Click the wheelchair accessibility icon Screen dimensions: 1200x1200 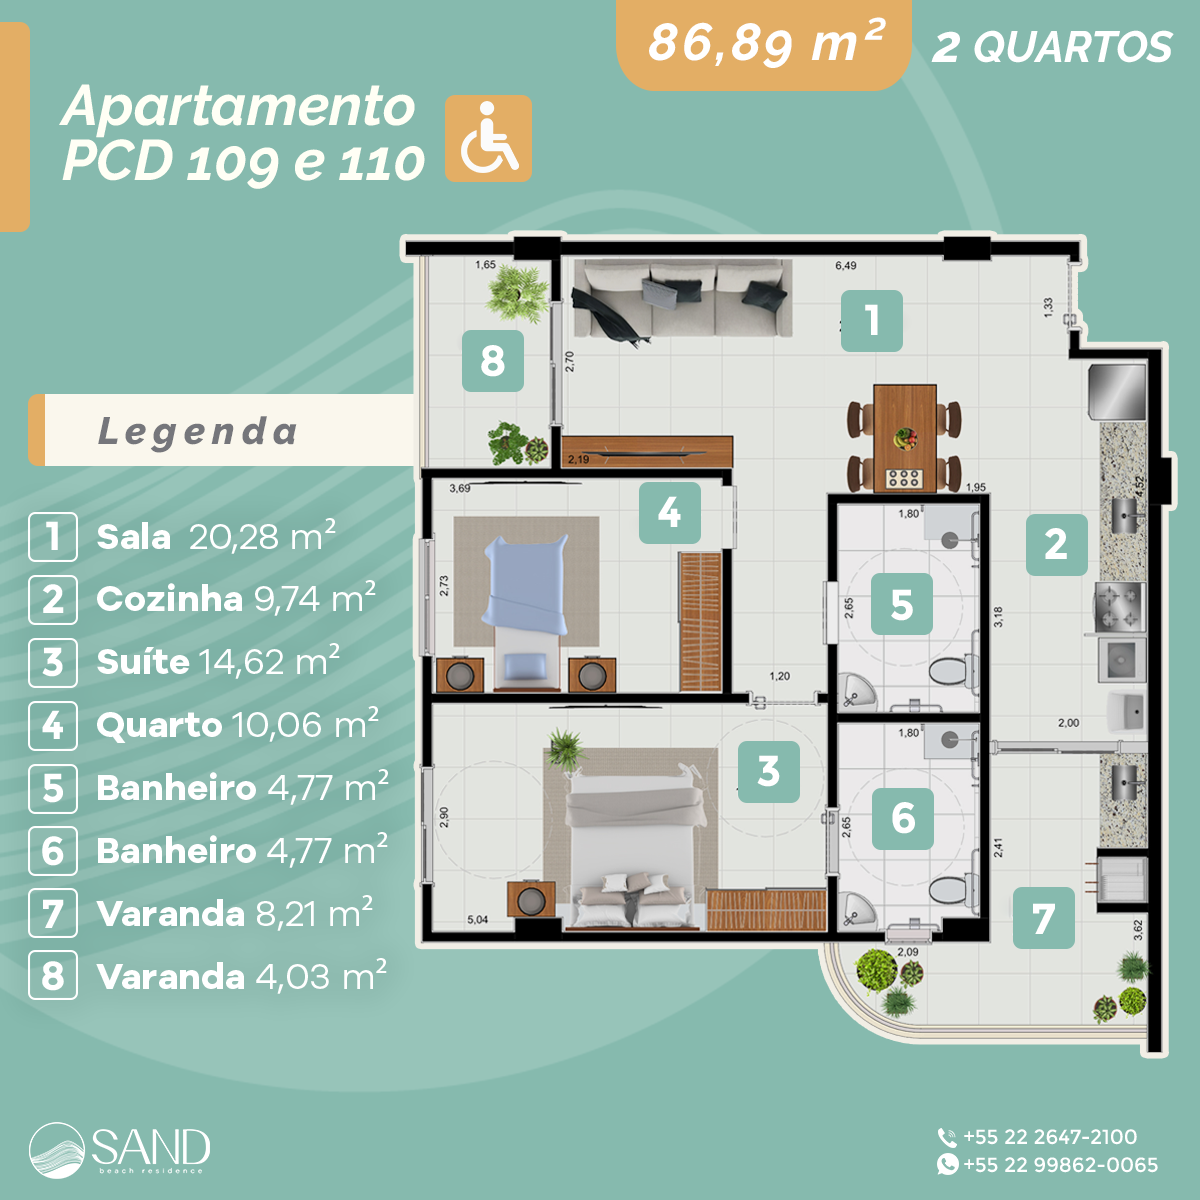coord(488,139)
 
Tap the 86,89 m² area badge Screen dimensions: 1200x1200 coord(765,44)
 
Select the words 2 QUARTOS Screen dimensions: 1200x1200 coord(1052,47)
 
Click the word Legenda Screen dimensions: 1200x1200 coord(198,431)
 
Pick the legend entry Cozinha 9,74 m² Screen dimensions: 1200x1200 coord(234,599)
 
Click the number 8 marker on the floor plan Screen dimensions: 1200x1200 coord(492,360)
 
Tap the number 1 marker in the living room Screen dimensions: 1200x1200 coord(871,321)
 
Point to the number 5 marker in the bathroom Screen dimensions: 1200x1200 coord(901,605)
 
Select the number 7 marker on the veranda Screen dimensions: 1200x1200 coord(1043,918)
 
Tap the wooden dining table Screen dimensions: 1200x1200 coord(905,438)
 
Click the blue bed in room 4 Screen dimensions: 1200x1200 coord(526,590)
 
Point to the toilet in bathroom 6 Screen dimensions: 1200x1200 coord(948,889)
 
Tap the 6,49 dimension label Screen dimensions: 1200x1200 coord(846,266)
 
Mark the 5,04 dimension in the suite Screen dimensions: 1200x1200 coord(478,920)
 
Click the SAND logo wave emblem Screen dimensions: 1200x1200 coord(57,1150)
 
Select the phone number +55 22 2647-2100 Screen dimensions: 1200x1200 coord(1049,1137)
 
